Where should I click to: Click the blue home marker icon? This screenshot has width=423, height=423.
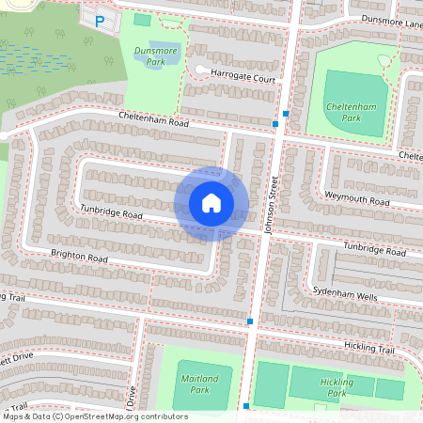pyautogui.click(x=211, y=203)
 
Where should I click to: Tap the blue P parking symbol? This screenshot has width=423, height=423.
pyautogui.click(x=100, y=20)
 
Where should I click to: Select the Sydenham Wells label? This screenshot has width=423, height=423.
pyautogui.click(x=344, y=293)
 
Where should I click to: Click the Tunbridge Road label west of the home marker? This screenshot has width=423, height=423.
pyautogui.click(x=111, y=214)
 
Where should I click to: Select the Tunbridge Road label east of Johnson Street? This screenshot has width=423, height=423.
pyautogui.click(x=374, y=248)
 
